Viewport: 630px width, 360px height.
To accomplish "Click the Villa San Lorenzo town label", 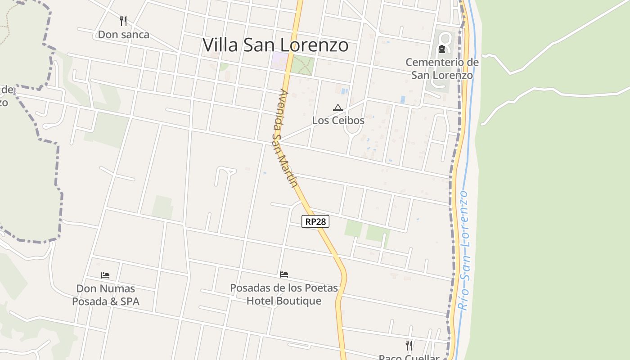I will point(275,45).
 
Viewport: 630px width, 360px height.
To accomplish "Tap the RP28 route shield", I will point(315,221).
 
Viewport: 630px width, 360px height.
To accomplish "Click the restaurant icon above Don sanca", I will point(123,21).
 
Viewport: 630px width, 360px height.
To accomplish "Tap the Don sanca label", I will point(123,35).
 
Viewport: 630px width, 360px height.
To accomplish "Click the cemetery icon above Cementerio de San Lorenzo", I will point(441,49).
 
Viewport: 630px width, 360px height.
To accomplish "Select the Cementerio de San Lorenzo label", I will point(442,68).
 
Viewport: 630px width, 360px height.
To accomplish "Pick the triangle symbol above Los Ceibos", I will point(338,108).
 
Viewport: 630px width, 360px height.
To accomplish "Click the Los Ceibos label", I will point(338,121).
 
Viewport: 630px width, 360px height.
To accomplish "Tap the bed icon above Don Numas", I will point(105,275).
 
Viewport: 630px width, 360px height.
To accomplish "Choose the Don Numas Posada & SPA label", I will point(106,295).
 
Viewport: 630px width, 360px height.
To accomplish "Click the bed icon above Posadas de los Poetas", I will point(284,274).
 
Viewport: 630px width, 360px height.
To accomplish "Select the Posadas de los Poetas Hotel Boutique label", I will point(284,294).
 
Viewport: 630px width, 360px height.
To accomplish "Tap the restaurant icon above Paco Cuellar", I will point(409,345).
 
